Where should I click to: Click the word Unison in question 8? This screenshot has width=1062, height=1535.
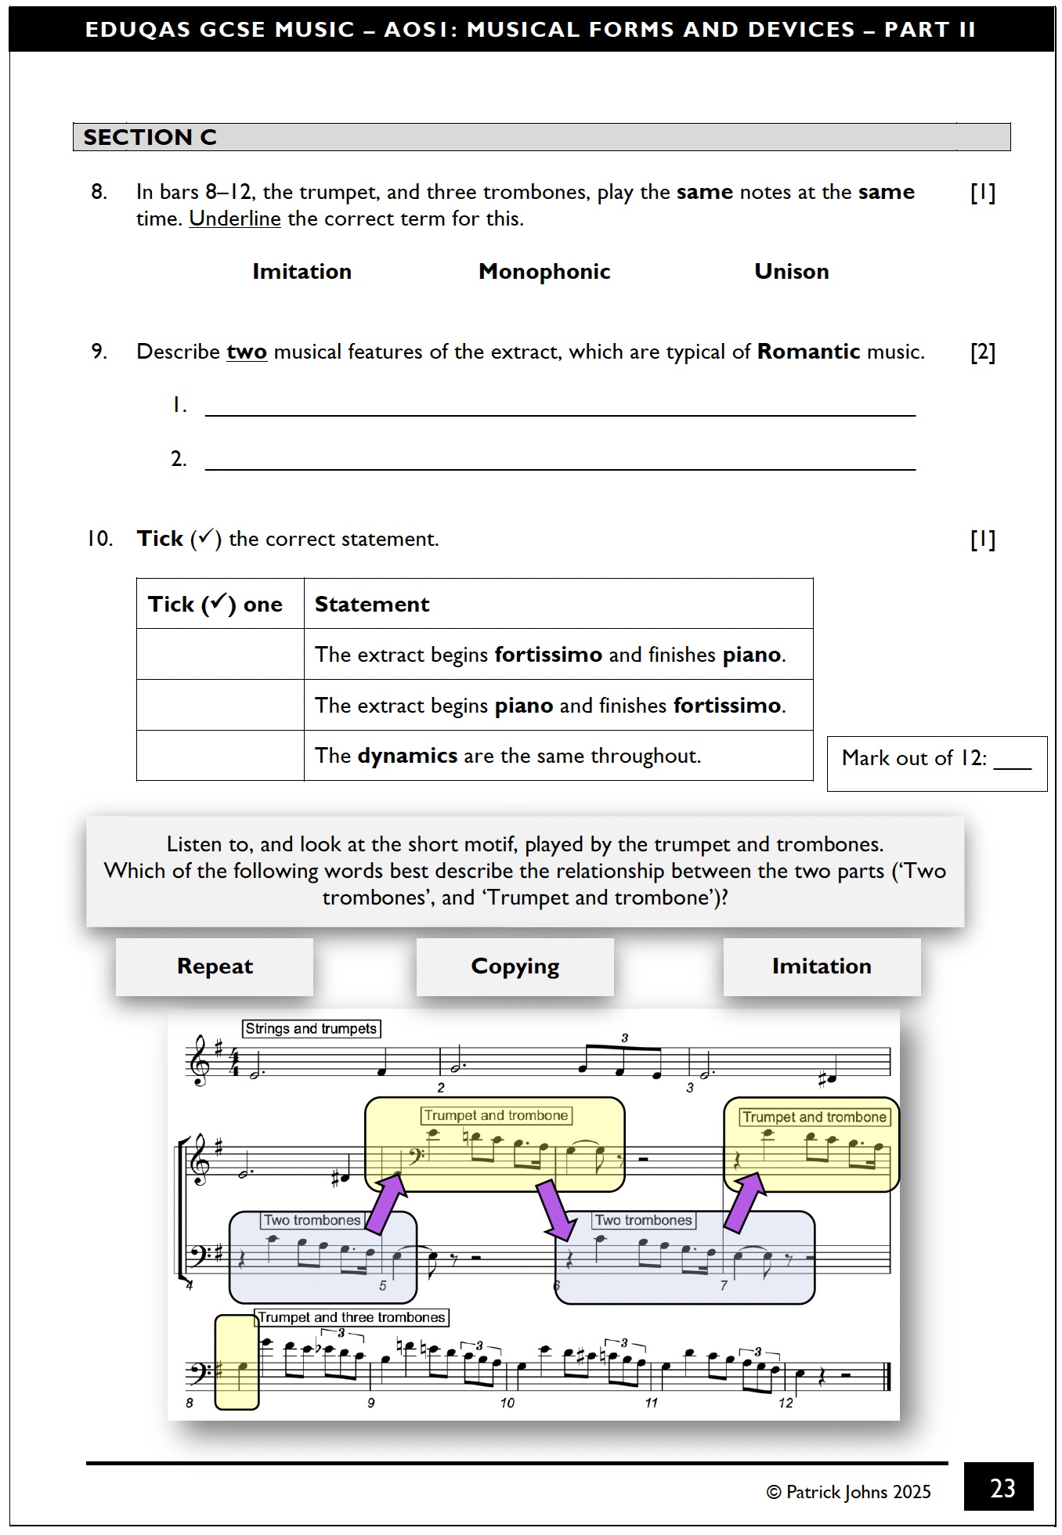pos(791,272)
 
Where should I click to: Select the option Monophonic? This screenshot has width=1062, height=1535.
pos(544,272)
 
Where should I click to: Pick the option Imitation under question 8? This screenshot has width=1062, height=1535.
pos(302,272)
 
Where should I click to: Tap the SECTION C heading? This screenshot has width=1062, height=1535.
pos(150,137)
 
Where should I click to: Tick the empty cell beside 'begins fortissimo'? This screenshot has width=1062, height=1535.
pos(220,654)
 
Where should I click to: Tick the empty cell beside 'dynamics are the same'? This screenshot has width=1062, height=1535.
pos(220,756)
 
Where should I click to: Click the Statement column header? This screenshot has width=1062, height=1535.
pos(372,605)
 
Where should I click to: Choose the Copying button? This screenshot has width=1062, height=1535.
pos(515,966)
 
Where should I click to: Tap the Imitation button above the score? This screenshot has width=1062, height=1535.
pos(821,966)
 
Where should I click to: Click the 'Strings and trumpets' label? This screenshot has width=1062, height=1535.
pos(311,1028)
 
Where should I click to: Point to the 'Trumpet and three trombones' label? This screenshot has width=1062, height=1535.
pos(351,1317)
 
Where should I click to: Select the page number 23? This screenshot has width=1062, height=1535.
pos(1002,1488)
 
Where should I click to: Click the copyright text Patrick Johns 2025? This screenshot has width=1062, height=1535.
pos(848,1492)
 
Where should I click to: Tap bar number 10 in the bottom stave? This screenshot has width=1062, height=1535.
pos(507,1403)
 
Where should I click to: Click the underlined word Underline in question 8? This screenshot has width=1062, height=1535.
pos(234,219)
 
